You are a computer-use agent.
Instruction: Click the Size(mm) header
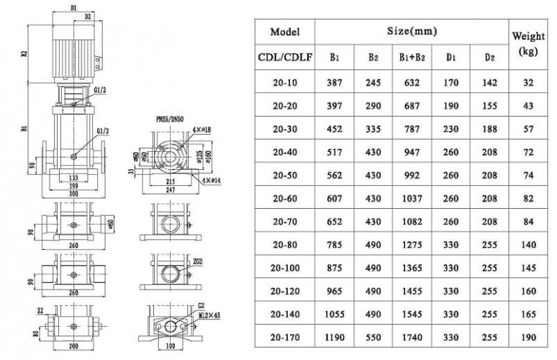(x=412, y=32)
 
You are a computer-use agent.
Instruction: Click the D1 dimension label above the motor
(x=73, y=6)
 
